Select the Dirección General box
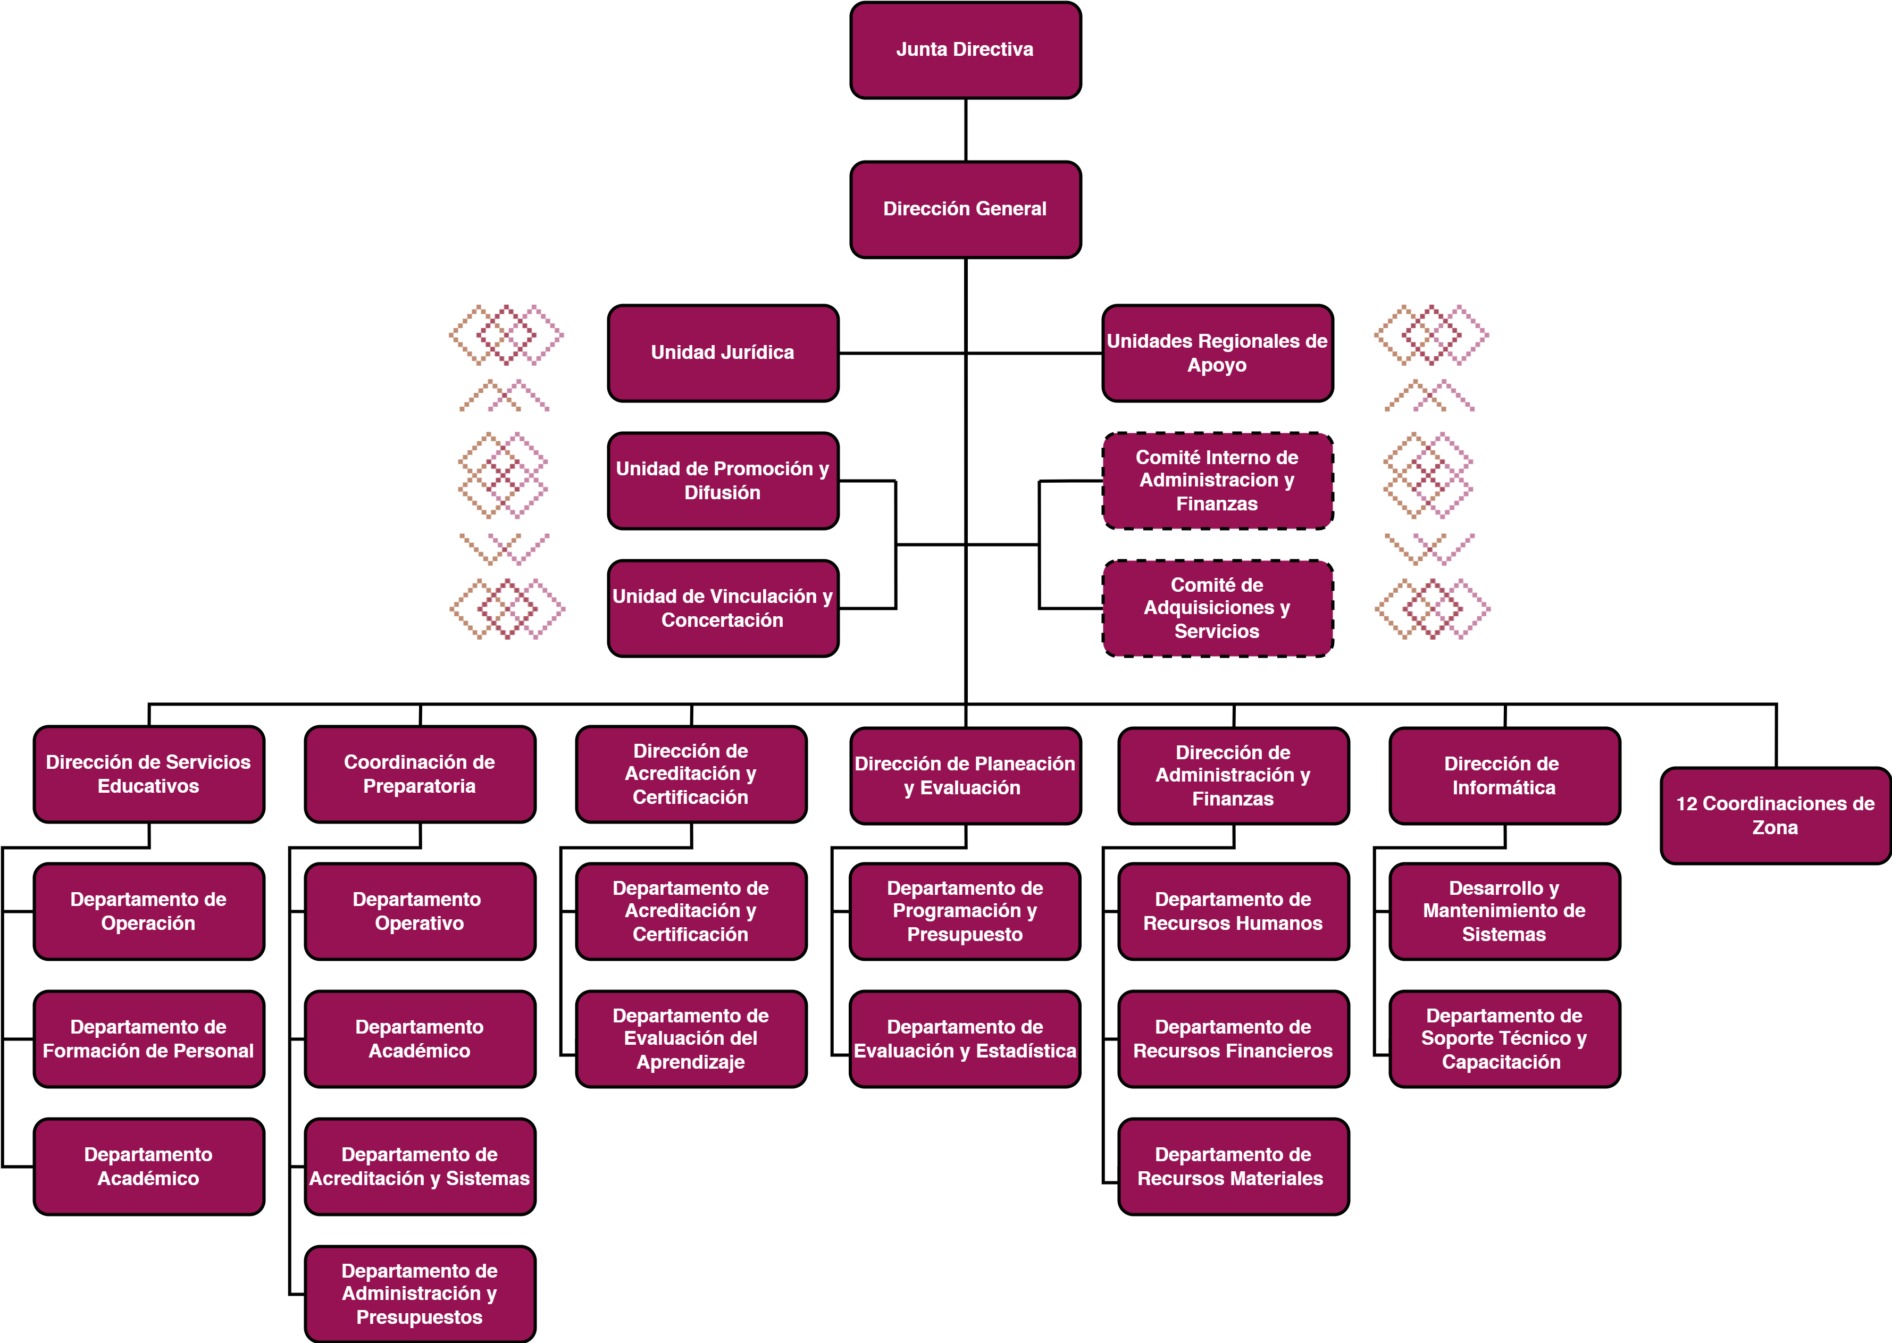(x=965, y=210)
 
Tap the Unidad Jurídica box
(x=723, y=353)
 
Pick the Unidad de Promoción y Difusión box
(x=723, y=481)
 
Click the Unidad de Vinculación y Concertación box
(x=723, y=609)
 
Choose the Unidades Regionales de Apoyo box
(x=1217, y=353)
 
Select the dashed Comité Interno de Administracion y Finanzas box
(x=1217, y=481)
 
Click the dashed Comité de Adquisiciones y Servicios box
(x=1217, y=609)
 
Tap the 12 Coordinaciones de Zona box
(x=1776, y=816)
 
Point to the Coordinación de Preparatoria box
(x=419, y=774)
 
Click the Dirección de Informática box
(x=1504, y=776)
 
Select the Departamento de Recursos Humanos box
(x=1233, y=911)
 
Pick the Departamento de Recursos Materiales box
(x=1233, y=1167)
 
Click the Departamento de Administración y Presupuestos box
(x=419, y=1294)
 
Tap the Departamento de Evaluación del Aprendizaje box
(x=690, y=1039)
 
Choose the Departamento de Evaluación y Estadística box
(x=965, y=1039)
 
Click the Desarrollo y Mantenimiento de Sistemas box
(x=1504, y=911)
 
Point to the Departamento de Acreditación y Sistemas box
(x=419, y=1167)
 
